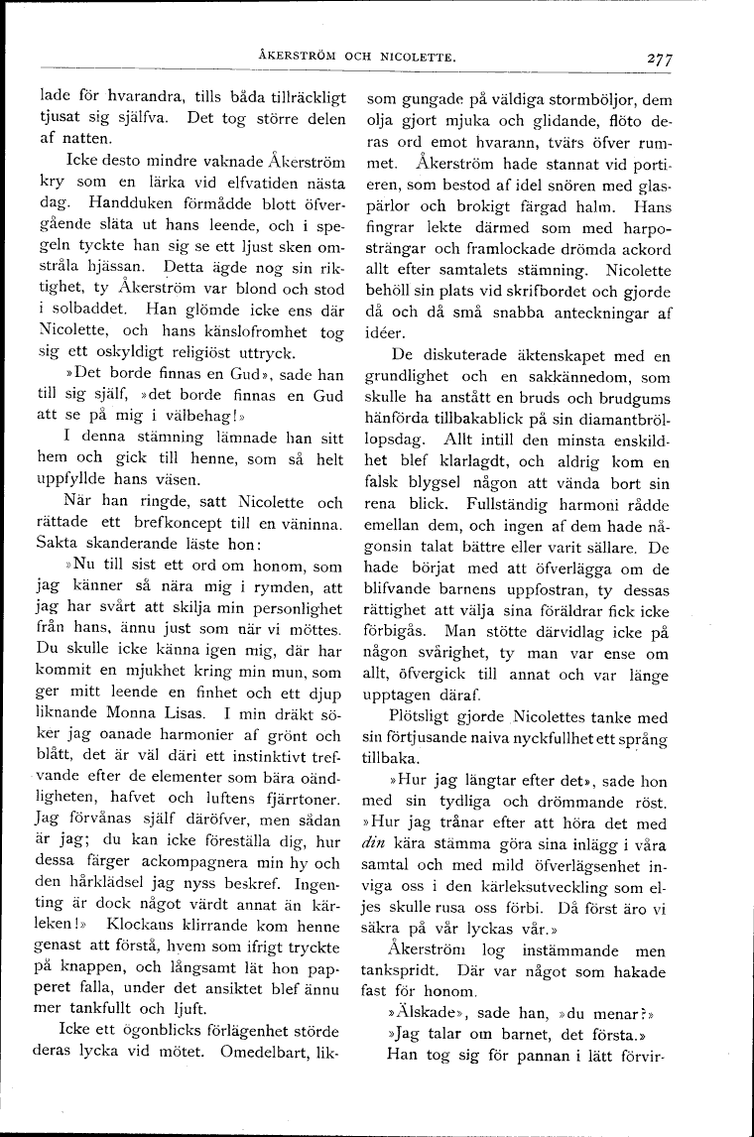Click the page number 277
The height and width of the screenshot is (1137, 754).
pos(656,59)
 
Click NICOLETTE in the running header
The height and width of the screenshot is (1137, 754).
pos(415,57)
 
